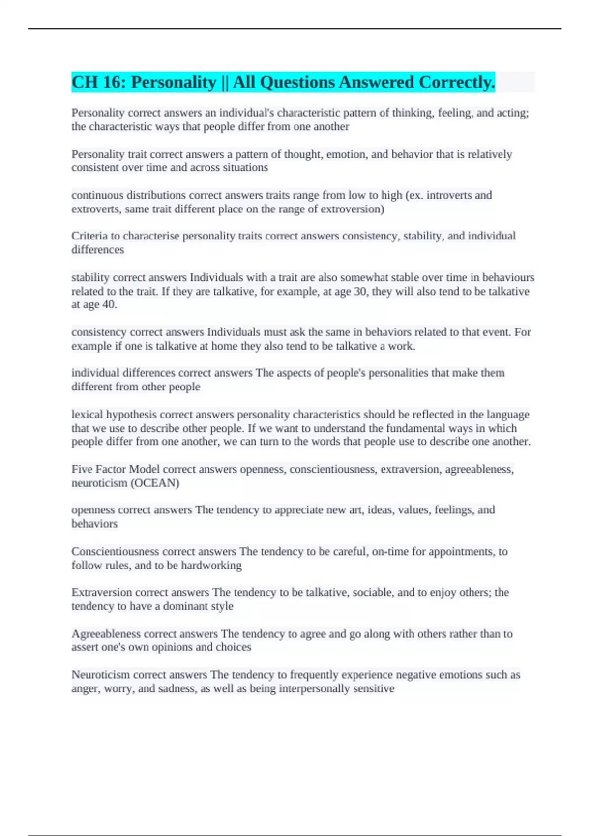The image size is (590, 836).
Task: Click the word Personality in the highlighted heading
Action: pyautogui.click(x=173, y=82)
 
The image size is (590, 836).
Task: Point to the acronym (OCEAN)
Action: pyautogui.click(x=154, y=483)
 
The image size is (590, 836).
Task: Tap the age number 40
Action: pyautogui.click(x=109, y=304)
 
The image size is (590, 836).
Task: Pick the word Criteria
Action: pyautogui.click(x=89, y=236)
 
